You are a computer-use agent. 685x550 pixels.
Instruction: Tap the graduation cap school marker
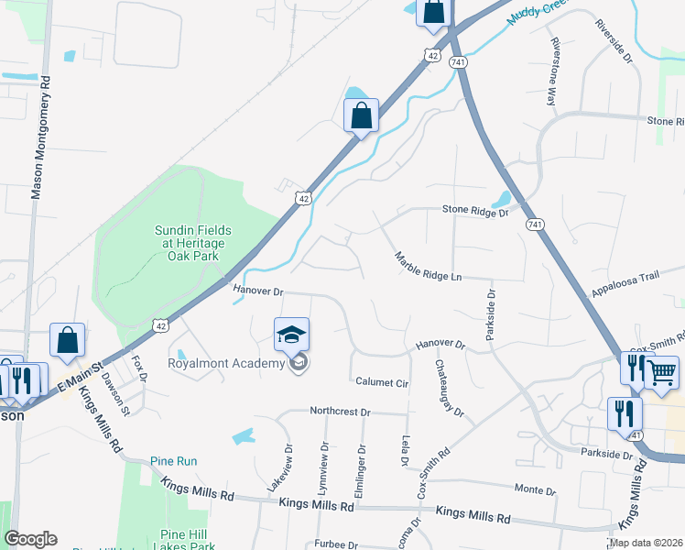[x=292, y=335]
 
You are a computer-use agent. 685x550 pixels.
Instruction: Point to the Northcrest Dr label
[x=339, y=412]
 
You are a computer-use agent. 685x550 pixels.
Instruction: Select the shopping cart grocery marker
[x=662, y=372]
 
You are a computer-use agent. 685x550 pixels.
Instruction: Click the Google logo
[x=30, y=539]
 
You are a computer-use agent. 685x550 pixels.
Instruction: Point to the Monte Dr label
[x=535, y=489]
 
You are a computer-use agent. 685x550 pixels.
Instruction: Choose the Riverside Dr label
[x=614, y=42]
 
